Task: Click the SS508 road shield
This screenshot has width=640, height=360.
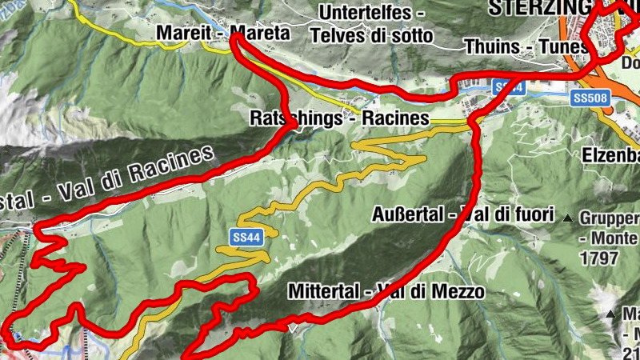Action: [592, 98]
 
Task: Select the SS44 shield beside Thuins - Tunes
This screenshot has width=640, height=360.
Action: [509, 87]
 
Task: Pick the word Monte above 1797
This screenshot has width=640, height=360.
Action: [614, 238]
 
